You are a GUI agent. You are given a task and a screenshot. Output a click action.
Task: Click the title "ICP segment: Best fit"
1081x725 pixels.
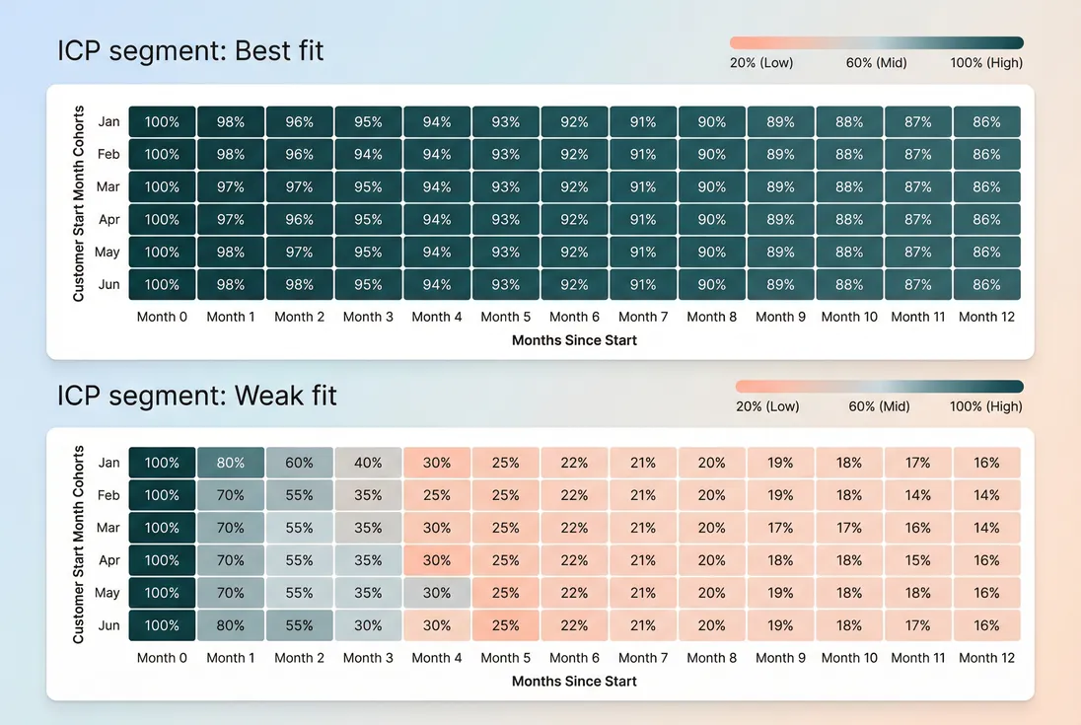[x=190, y=50]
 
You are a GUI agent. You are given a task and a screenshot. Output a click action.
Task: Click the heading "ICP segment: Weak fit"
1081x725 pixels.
[x=197, y=396]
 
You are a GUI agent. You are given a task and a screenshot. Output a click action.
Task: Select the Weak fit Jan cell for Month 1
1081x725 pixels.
[x=231, y=463]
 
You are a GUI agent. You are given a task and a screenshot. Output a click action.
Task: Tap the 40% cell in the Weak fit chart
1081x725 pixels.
[x=368, y=463]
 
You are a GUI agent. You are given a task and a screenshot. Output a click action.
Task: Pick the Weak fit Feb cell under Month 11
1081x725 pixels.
[x=918, y=495]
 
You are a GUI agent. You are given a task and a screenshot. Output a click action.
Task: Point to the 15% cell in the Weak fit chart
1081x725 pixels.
[x=918, y=560]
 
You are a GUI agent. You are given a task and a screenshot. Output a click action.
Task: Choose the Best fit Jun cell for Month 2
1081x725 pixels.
[x=300, y=285]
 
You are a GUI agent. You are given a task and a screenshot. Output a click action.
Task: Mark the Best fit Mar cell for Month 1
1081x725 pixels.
[x=231, y=187]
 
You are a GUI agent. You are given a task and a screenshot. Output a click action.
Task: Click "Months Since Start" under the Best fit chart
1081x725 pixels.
[x=574, y=340]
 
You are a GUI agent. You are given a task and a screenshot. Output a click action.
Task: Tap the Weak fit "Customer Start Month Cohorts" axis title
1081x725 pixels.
[x=79, y=544]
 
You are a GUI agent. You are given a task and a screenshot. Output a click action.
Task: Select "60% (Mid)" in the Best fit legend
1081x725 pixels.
[x=876, y=63]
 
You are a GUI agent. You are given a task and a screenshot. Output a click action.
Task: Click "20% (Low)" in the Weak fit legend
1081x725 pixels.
[x=767, y=406]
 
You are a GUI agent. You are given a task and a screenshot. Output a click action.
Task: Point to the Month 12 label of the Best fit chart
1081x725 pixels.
[x=986, y=317]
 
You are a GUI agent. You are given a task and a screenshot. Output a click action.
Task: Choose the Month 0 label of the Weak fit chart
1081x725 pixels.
[x=163, y=658]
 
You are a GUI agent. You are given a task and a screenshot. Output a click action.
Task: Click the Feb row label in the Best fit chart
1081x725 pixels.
[x=108, y=155]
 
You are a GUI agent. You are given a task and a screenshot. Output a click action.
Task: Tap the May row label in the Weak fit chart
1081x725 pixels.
[x=108, y=593]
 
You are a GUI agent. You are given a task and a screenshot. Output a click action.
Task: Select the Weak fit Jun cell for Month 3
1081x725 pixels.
[x=368, y=625]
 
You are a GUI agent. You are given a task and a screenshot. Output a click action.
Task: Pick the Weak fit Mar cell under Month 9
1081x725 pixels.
[x=780, y=528]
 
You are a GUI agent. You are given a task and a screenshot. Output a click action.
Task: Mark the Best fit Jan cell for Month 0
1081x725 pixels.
[x=163, y=122]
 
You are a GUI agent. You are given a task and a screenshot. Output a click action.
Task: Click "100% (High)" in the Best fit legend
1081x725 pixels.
[x=987, y=63]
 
